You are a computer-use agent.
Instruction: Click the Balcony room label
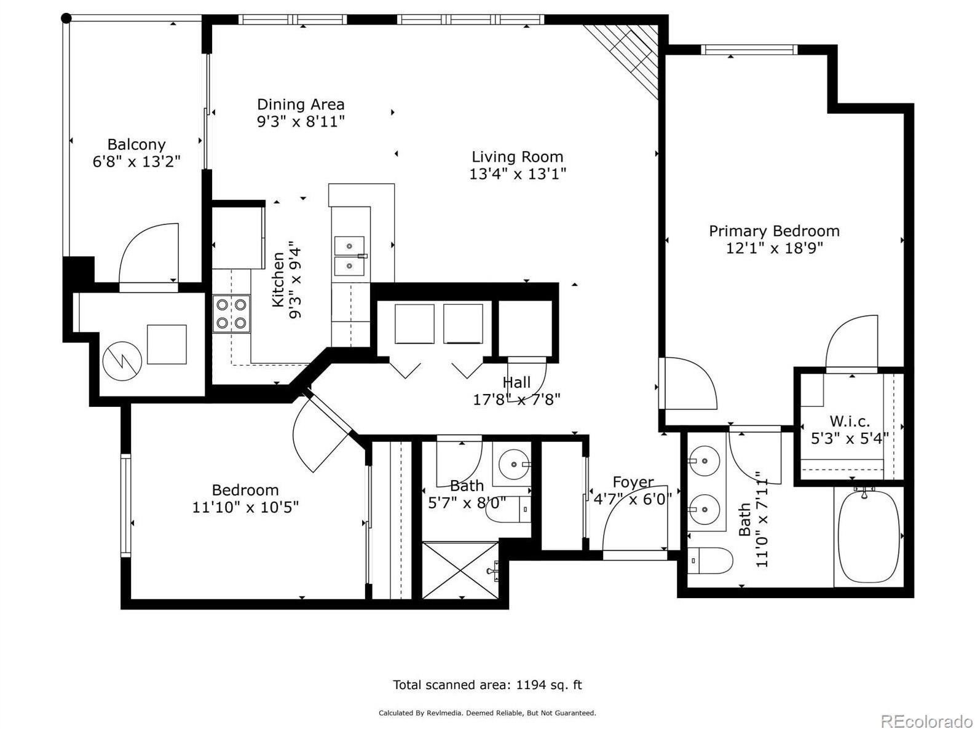point(136,144)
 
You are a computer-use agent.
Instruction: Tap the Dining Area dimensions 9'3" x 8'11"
point(301,122)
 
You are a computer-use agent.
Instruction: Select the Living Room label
point(517,157)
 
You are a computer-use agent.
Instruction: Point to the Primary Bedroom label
point(774,231)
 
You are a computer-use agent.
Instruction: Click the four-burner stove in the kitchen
point(232,314)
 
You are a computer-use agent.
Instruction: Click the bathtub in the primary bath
point(868,534)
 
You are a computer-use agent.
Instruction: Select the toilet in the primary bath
point(710,561)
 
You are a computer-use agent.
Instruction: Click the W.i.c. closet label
point(850,422)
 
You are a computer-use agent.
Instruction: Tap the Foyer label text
point(633,483)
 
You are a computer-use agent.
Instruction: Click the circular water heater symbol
point(122,361)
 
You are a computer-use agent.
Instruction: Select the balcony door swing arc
point(148,253)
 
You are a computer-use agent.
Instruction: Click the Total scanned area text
point(487,685)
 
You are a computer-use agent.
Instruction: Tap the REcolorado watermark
point(926,720)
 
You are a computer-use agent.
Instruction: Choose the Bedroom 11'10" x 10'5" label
point(245,498)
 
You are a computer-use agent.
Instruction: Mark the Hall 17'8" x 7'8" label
point(516,391)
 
